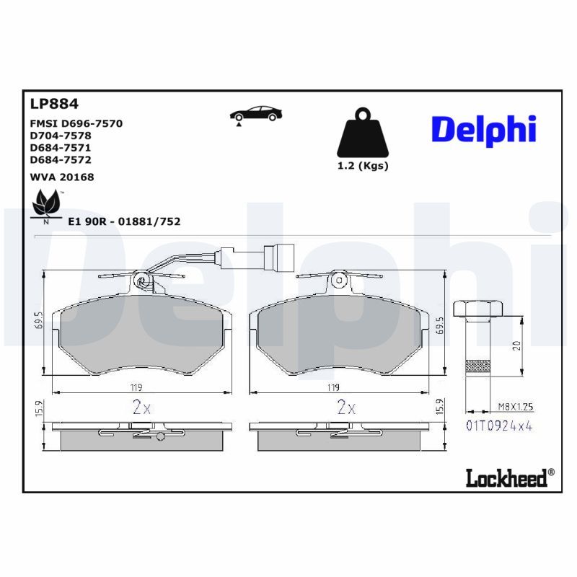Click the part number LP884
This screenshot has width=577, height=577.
click(54, 104)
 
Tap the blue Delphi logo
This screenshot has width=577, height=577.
click(483, 131)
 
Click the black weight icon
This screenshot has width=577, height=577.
click(363, 132)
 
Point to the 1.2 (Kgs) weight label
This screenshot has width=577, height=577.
click(363, 166)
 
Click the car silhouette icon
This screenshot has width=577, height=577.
click(256, 115)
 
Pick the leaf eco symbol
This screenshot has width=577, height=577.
click(46, 206)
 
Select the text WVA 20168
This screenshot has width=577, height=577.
click(62, 177)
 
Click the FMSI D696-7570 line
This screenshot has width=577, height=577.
click(76, 123)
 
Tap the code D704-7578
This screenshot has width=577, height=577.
click(61, 136)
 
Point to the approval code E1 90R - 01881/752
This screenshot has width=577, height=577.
click(124, 221)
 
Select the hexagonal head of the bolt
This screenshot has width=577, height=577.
click(478, 309)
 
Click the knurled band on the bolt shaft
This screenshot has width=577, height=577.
click(477, 367)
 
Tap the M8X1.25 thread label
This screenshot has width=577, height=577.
click(515, 407)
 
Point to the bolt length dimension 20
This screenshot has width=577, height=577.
click(516, 345)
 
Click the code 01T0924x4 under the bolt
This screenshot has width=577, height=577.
click(499, 426)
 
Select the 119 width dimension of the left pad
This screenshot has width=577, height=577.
click(136, 387)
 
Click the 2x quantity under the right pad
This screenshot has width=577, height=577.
click(347, 407)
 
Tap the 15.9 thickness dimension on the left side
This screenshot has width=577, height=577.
click(40, 409)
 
